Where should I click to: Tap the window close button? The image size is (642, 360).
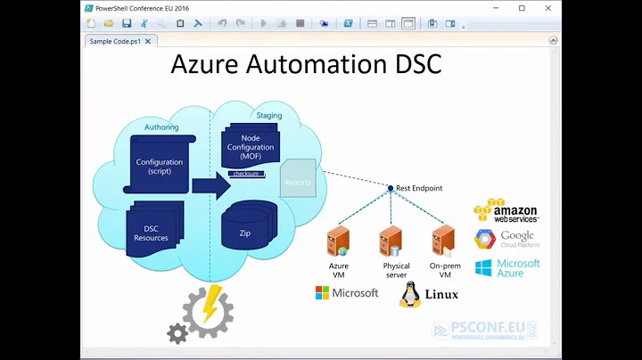click(x=547, y=8)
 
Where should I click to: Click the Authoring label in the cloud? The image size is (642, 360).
click(x=161, y=128)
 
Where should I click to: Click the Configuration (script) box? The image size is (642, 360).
click(x=160, y=165)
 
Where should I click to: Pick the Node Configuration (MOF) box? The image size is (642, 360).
click(x=250, y=149)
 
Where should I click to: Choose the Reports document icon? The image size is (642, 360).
click(x=298, y=179)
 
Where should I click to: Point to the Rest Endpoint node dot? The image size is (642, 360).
click(x=390, y=188)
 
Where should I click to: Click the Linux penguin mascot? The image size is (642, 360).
click(x=410, y=294)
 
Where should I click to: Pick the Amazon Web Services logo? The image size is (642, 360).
click(x=506, y=211)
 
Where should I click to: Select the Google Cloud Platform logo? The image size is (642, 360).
click(x=506, y=240)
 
